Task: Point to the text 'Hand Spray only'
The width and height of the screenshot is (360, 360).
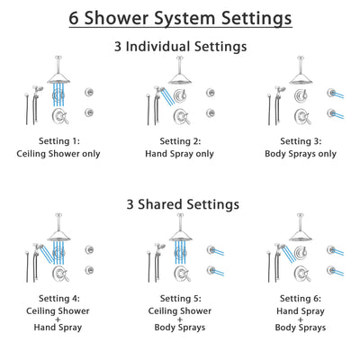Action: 179,153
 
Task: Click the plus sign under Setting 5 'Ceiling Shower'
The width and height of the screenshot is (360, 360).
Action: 179,318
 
